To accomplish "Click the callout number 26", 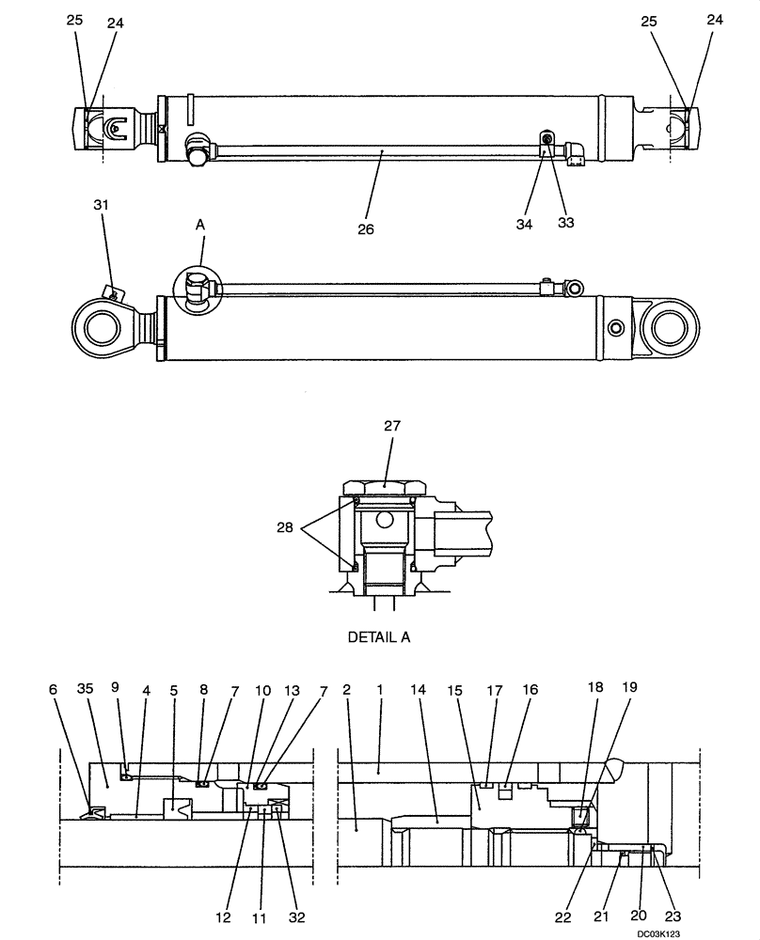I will coord(366,229).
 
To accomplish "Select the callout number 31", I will coord(101,204).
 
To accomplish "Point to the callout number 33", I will coord(566,222).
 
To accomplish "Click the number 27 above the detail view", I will coord(392,426).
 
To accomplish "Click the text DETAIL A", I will coord(378,636).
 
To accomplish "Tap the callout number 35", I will coord(86,689).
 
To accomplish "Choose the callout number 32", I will coord(297,916).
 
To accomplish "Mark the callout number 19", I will coord(629,687).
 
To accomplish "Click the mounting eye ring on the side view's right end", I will coord(670,328).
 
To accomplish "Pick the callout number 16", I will coord(530,689).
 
